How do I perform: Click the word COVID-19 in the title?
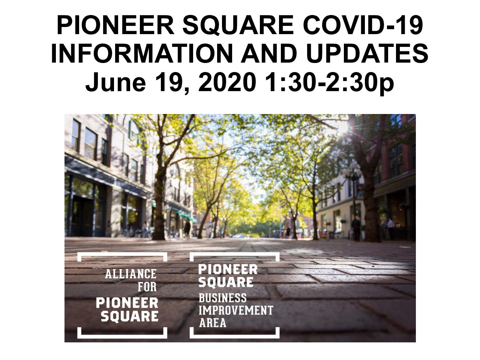tap(363, 24)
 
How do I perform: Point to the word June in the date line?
tap(115, 82)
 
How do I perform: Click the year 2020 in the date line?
tap(227, 81)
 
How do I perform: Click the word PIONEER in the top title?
tap(115, 24)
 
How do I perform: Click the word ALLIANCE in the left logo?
tap(130, 274)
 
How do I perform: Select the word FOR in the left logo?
tap(147, 287)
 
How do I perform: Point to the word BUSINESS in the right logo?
tap(222, 298)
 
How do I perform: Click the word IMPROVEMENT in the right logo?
tap(236, 310)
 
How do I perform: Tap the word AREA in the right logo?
tap(213, 322)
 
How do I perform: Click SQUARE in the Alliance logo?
tap(129, 316)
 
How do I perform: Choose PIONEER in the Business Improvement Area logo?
tap(228, 270)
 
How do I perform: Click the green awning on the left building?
tap(186, 216)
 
